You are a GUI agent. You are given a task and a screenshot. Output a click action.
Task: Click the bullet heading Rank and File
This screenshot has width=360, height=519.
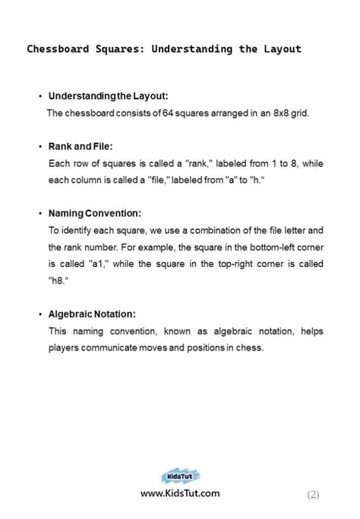click(81, 146)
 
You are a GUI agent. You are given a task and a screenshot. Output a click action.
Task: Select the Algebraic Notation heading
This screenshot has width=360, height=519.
click(92, 314)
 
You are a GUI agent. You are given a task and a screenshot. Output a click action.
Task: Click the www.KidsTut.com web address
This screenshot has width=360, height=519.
click(180, 493)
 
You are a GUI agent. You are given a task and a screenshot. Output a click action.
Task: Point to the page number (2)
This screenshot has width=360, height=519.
click(313, 495)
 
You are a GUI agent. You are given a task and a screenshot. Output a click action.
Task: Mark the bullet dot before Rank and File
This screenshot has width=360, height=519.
click(40, 146)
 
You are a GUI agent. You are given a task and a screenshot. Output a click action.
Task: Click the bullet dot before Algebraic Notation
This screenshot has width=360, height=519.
click(40, 314)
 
